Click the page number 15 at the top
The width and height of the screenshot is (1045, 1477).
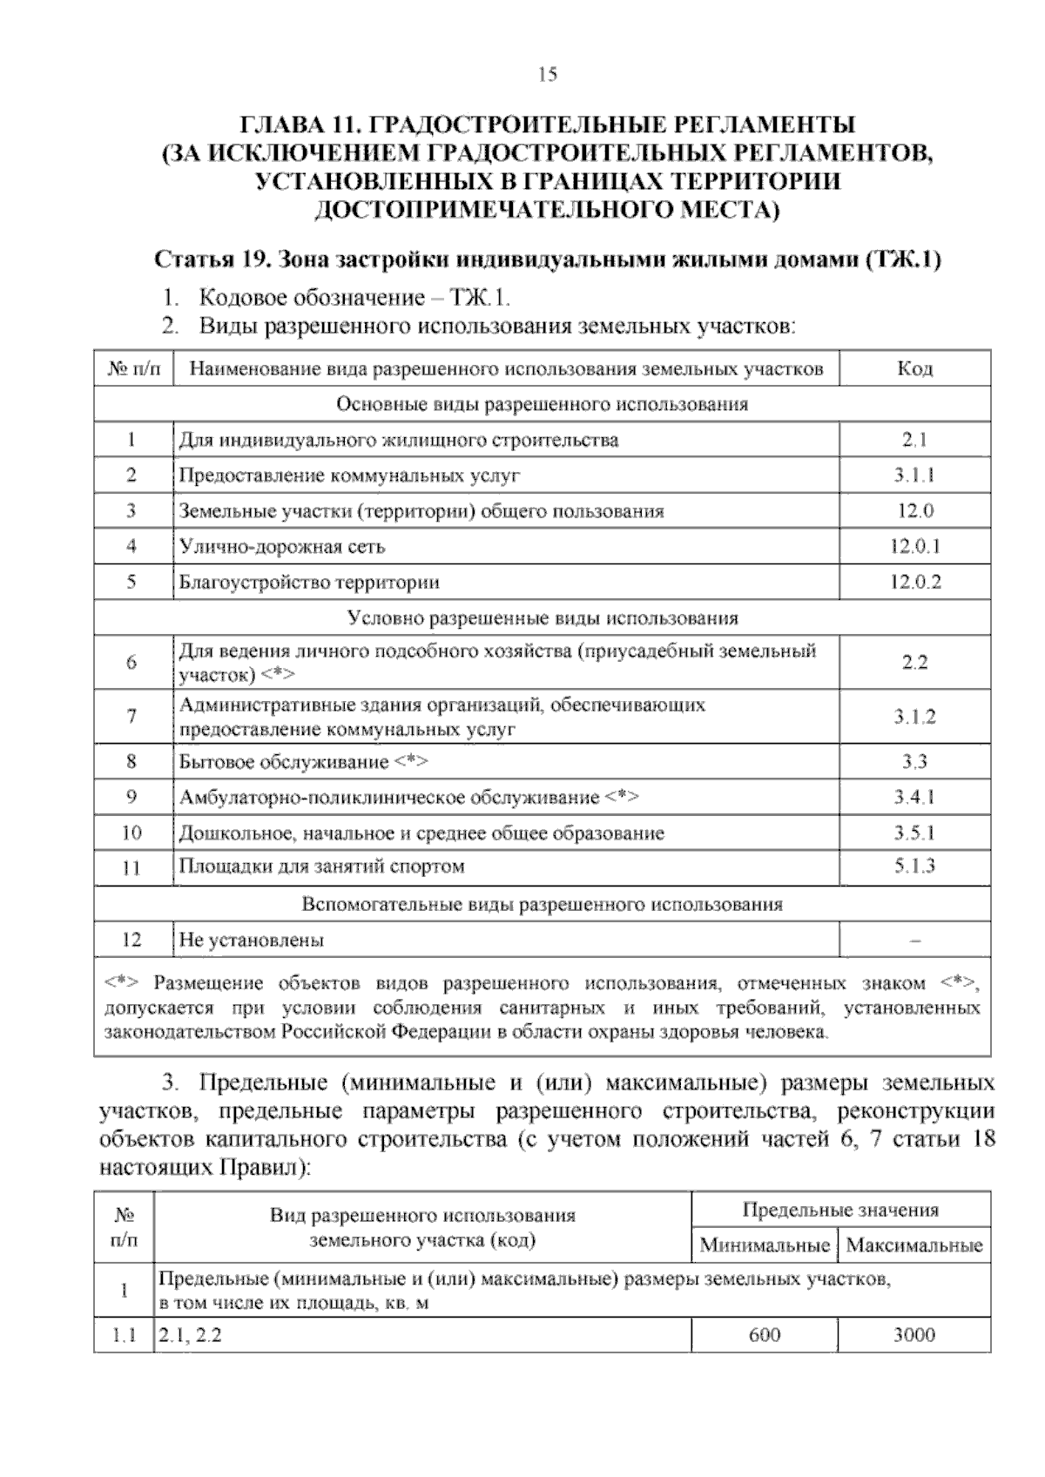547,75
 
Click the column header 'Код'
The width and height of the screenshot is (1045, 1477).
914,368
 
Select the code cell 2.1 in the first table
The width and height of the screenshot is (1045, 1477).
914,441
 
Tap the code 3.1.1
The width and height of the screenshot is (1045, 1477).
914,475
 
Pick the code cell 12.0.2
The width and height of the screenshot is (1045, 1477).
914,582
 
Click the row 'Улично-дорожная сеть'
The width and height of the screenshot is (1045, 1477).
282,547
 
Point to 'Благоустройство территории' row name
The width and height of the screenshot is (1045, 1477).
309,582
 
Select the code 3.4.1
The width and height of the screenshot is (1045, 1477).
914,797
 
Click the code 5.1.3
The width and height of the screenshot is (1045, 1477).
914,866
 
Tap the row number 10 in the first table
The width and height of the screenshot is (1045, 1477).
131,833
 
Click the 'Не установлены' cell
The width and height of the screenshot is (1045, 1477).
252,941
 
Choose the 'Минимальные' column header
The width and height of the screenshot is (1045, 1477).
764,1245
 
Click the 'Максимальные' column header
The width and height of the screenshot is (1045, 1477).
914,1245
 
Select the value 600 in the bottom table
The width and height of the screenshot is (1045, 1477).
765,1335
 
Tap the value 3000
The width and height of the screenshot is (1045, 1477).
914,1335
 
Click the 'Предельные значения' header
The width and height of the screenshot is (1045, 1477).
840,1210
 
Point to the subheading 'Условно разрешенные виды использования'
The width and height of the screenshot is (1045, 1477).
543,618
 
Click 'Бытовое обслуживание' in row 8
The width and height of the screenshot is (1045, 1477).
284,762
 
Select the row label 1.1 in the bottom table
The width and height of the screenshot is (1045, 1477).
125,1335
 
